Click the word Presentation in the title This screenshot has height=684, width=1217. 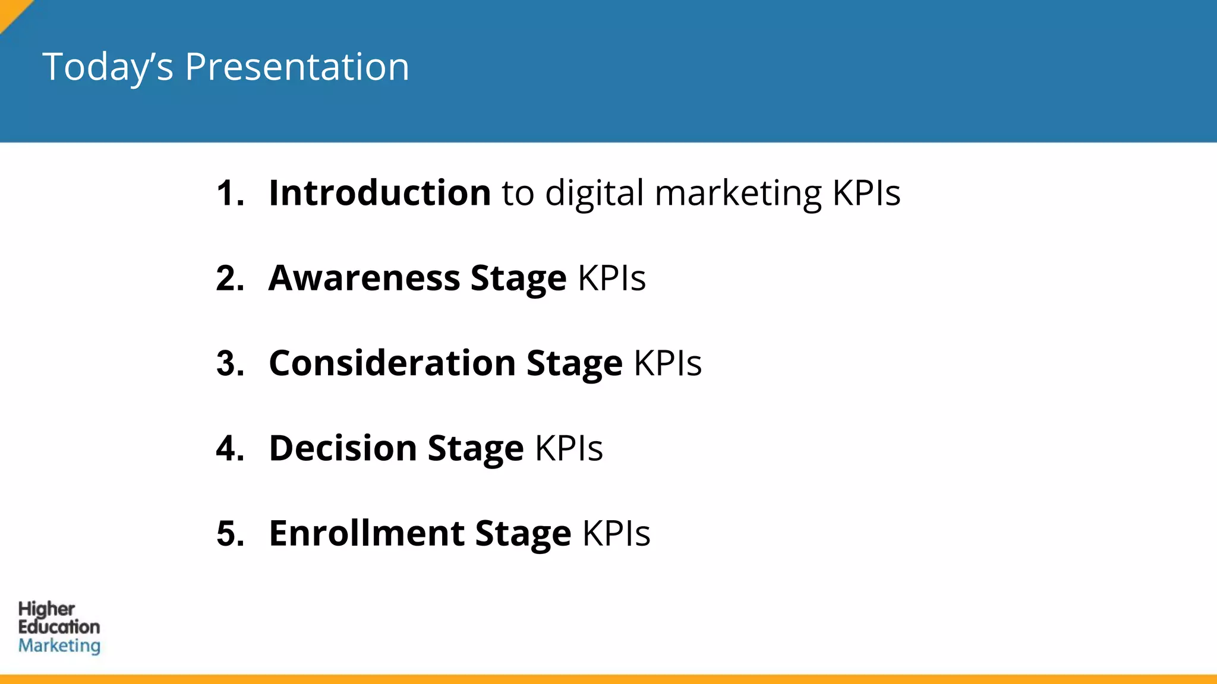point(297,66)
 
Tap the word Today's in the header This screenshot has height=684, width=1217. point(108,66)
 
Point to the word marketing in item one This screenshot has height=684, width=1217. point(738,194)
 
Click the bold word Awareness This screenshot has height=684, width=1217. point(364,278)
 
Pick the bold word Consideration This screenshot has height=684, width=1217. point(392,363)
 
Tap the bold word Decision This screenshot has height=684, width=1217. point(343,448)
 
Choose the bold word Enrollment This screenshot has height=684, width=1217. point(367,533)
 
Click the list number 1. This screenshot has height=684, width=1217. point(229,193)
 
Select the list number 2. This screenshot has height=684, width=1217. point(230,278)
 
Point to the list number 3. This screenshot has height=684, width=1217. point(230,363)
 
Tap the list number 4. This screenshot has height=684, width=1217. point(230,448)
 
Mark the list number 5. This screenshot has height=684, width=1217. point(230,533)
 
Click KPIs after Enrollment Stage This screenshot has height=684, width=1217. point(616,533)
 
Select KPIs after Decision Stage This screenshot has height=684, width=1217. point(569,448)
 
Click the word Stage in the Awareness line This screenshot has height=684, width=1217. point(518,279)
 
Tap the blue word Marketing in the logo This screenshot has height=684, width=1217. point(59,646)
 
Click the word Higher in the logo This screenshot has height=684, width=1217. point(46,609)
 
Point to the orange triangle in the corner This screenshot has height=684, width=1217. point(11,11)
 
